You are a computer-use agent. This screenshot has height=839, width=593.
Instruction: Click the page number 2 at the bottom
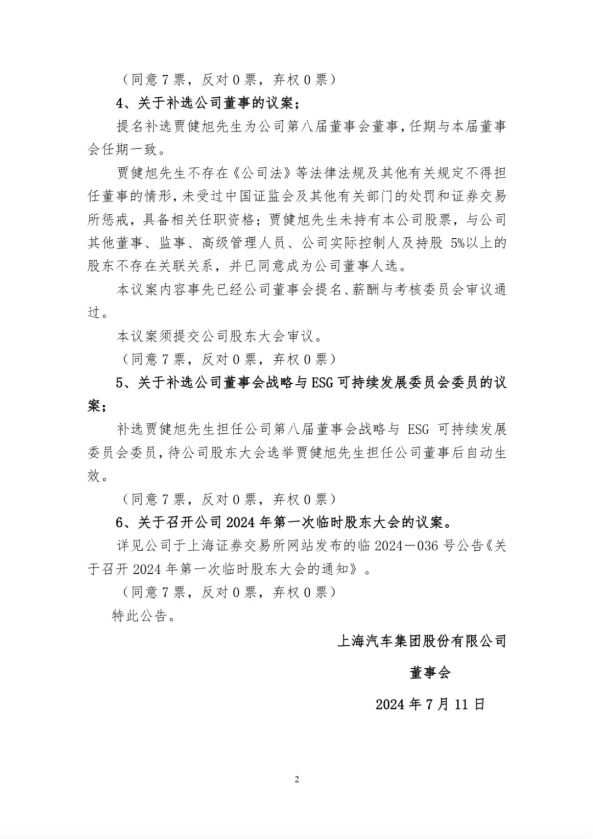tap(296, 780)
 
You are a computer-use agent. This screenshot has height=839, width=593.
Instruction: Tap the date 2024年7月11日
tap(430, 704)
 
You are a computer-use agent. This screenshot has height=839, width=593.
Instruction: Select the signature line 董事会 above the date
tap(430, 673)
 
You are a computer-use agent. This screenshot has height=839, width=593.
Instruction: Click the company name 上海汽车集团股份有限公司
tap(422, 641)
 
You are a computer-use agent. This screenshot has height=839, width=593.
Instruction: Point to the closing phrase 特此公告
tap(140, 616)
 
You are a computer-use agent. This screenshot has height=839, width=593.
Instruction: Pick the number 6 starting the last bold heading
tap(120, 522)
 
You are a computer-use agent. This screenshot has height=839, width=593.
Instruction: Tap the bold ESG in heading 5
tap(322, 383)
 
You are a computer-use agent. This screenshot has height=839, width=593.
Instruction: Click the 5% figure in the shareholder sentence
tap(457, 243)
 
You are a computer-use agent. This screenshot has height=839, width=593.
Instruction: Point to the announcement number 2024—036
tap(406, 546)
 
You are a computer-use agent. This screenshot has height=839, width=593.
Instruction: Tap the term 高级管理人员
tap(237, 243)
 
